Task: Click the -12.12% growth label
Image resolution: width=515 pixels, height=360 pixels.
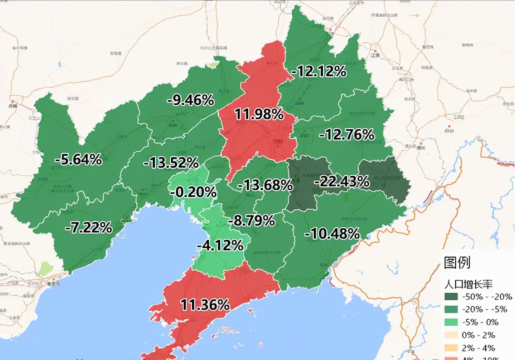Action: pyautogui.click(x=319, y=72)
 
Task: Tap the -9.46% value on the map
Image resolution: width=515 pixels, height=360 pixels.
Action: pyautogui.click(x=191, y=100)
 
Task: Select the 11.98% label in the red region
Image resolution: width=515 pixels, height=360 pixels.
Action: pyautogui.click(x=259, y=115)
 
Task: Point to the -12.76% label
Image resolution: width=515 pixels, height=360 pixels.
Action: pyautogui.click(x=346, y=134)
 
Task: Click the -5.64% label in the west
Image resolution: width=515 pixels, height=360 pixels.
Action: pyautogui.click(x=78, y=160)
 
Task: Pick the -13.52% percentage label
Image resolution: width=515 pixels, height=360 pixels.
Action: pyautogui.click(x=171, y=163)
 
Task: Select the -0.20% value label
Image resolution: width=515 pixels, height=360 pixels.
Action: pyautogui.click(x=193, y=192)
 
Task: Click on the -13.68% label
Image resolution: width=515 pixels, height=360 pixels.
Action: pyautogui.click(x=265, y=185)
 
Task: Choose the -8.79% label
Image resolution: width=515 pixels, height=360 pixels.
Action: pyautogui.click(x=251, y=221)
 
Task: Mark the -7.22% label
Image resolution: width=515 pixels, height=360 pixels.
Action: pyautogui.click(x=88, y=228)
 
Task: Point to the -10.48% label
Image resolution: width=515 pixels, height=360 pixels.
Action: pyautogui.click(x=332, y=234)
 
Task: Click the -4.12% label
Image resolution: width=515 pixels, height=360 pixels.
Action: pyautogui.click(x=220, y=246)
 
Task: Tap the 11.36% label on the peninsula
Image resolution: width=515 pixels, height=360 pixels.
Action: pyautogui.click(x=205, y=305)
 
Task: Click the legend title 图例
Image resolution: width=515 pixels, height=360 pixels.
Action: pyautogui.click(x=457, y=263)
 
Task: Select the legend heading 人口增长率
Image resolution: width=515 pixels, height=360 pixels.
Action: pyautogui.click(x=468, y=284)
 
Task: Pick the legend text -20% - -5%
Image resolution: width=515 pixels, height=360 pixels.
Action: pyautogui.click(x=485, y=310)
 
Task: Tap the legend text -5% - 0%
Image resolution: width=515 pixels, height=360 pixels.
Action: pyautogui.click(x=481, y=322)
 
